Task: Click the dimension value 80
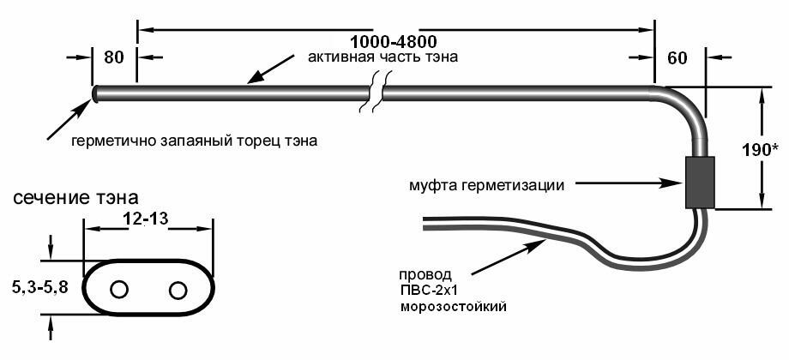[x=114, y=57]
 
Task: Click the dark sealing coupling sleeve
[x=699, y=182]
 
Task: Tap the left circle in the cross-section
[x=119, y=290]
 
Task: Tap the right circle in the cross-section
[x=178, y=290]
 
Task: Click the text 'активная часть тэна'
[x=382, y=58]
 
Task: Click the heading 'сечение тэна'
[x=75, y=198]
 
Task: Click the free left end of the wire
[x=426, y=223]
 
